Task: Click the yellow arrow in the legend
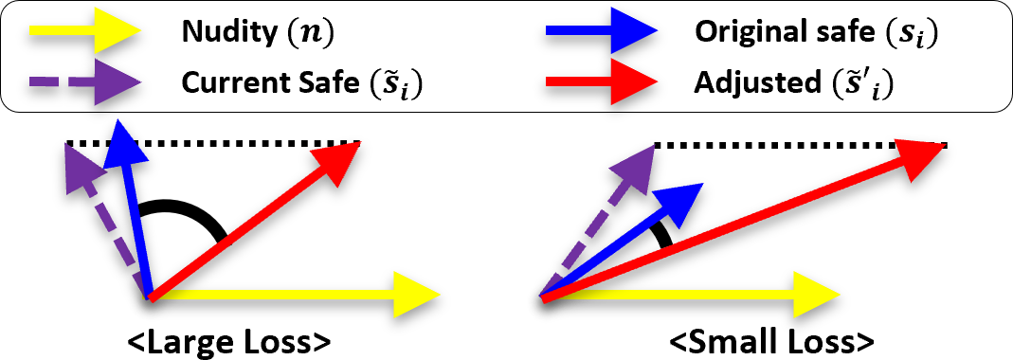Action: pos(85,32)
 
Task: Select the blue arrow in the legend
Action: pos(602,32)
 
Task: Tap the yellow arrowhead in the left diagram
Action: pos(417,296)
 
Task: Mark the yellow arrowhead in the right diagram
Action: pos(816,296)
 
